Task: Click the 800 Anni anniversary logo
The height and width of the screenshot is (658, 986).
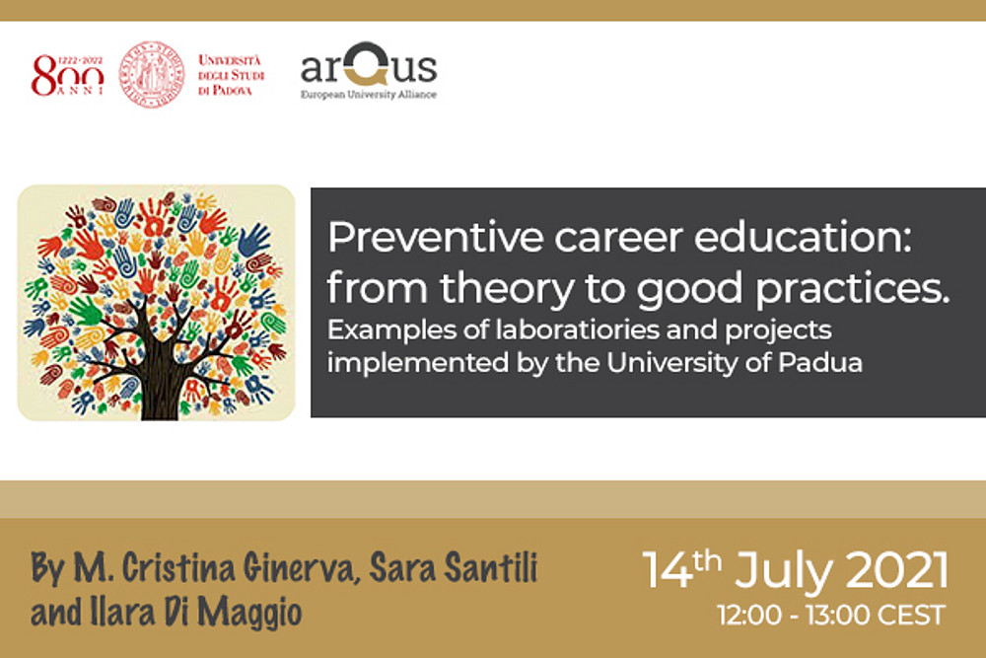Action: [68, 75]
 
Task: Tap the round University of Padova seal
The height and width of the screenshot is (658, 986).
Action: [152, 74]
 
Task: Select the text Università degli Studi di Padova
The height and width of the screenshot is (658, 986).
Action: [232, 75]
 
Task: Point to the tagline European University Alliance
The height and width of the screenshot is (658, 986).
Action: [369, 95]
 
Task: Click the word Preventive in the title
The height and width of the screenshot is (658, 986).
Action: [435, 237]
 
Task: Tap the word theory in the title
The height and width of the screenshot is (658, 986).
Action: [507, 289]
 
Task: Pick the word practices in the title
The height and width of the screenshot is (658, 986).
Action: [852, 289]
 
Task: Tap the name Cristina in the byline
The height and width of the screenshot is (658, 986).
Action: [178, 567]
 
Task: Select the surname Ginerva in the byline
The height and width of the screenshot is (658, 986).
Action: [302, 568]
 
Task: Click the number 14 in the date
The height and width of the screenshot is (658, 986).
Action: [667, 570]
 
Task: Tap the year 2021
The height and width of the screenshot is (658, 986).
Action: [897, 570]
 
